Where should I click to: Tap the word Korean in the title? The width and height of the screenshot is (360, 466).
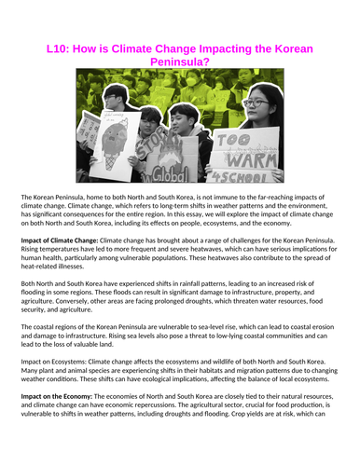[291, 48]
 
